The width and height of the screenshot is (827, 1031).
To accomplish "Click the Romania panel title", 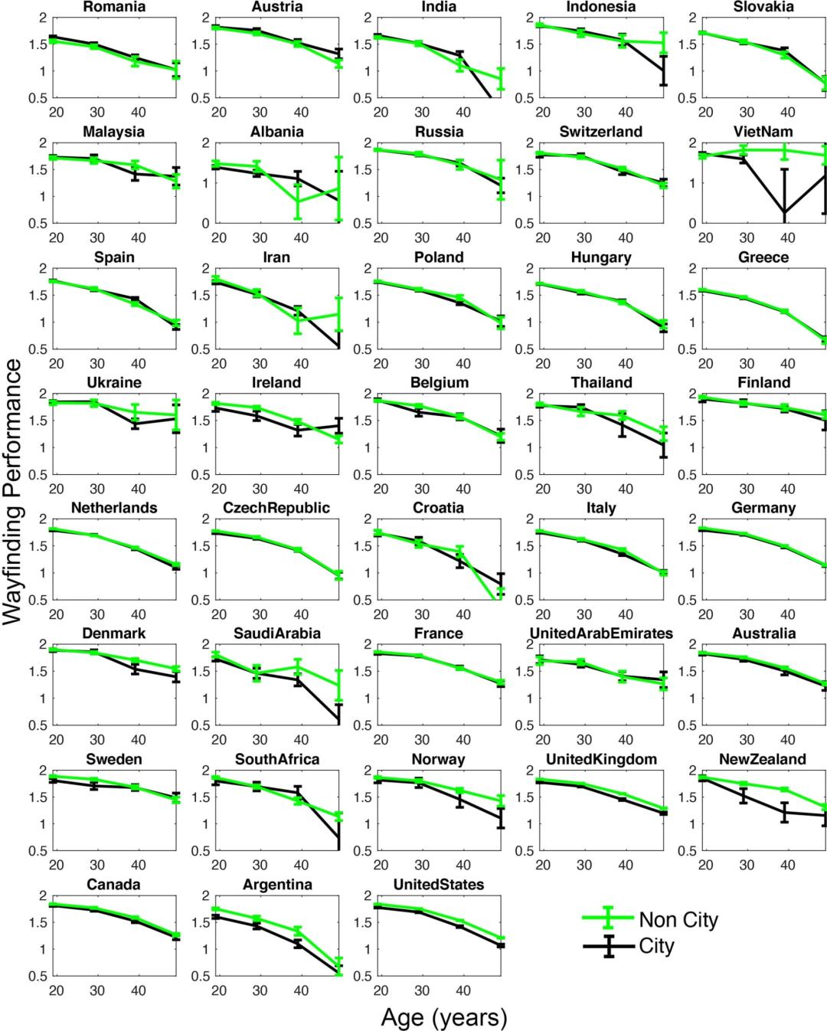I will (114, 7).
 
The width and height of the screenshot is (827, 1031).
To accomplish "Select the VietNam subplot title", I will (763, 132).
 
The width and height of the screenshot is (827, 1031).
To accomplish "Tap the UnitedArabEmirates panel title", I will (601, 633).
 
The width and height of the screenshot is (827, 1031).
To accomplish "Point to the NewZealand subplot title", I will (763, 759).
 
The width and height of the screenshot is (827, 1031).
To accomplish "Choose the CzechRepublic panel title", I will (276, 508).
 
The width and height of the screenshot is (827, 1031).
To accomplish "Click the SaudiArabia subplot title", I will (276, 633).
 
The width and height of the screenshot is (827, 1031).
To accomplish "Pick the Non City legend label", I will (678, 919).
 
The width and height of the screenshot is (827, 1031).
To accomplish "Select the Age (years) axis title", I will (444, 1017).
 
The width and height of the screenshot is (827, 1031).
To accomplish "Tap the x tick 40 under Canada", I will (139, 990).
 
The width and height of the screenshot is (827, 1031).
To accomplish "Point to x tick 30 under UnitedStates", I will (422, 990).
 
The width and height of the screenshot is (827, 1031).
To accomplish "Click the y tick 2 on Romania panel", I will (43, 17).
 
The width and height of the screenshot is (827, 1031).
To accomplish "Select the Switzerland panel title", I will (601, 132).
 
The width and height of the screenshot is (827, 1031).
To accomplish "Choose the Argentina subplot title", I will (276, 885).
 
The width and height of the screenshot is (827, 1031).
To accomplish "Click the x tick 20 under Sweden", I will (56, 865).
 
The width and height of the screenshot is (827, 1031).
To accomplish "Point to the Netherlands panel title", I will (114, 508).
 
